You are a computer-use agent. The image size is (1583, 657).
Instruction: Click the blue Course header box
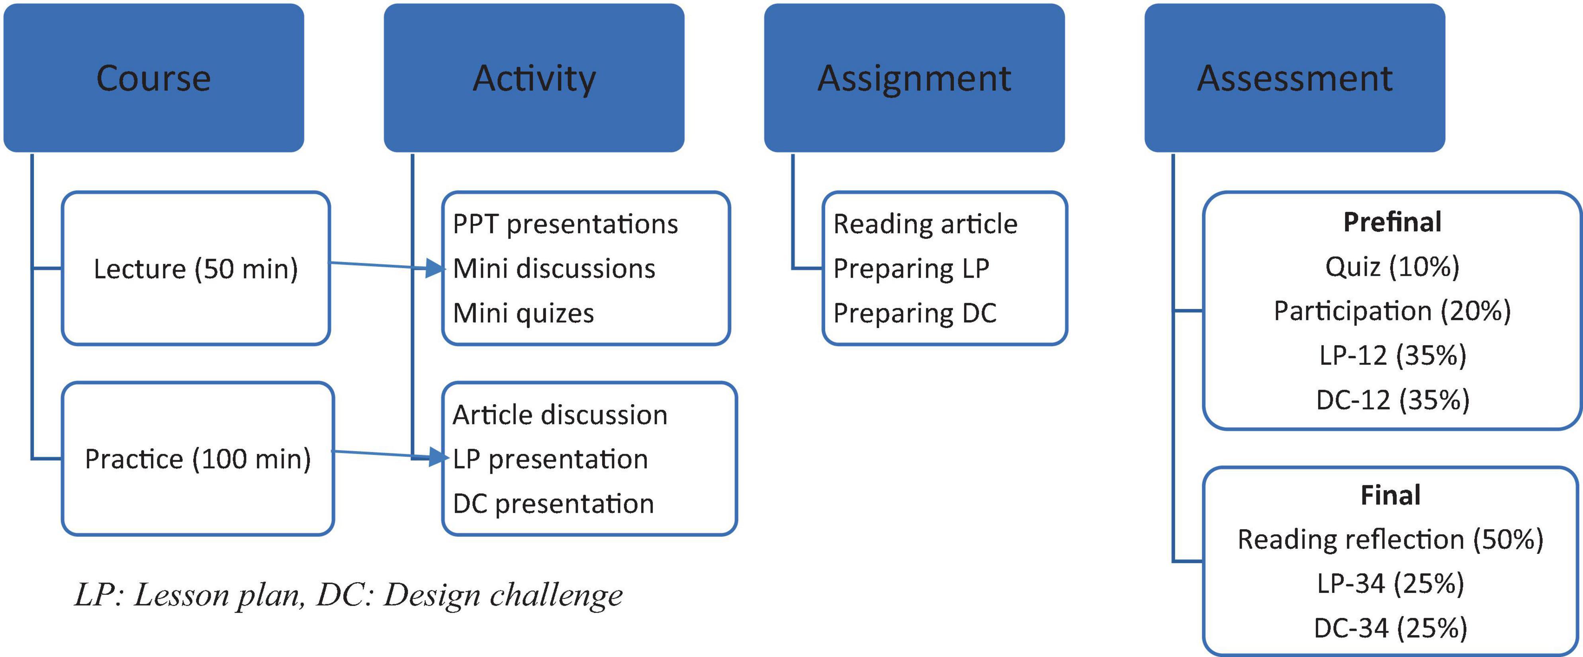click(154, 78)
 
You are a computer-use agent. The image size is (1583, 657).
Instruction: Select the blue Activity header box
click(534, 78)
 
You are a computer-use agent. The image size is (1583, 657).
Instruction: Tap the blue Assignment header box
click(914, 78)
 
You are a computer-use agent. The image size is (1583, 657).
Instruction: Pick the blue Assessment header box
click(1295, 78)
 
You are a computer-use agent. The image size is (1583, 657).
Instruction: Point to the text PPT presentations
click(565, 224)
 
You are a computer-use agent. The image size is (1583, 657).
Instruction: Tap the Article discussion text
click(560, 415)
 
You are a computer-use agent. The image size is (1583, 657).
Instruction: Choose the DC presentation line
click(553, 504)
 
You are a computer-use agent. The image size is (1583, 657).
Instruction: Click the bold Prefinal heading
click(1392, 222)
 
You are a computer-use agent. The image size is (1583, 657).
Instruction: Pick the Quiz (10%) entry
click(1392, 267)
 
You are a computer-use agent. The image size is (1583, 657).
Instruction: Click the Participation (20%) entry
click(1392, 311)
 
